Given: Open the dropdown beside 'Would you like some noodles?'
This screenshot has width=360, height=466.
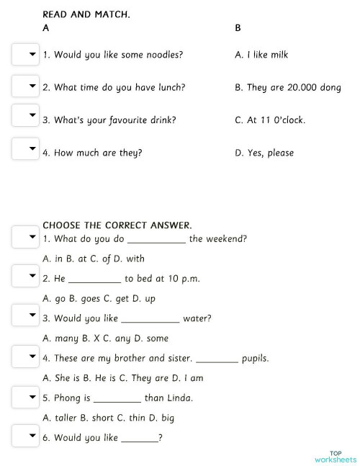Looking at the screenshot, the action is coord(25,55).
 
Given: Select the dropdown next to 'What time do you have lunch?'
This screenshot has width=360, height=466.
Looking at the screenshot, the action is coord(25,87).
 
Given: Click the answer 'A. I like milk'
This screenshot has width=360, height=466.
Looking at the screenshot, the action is coord(261,55).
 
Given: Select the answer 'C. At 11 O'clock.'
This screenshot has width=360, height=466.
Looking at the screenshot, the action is coord(270,120).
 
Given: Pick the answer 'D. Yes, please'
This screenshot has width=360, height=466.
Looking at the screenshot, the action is coord(264,153).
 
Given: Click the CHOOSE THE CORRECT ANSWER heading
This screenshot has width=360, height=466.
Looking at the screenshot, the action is coord(117,225).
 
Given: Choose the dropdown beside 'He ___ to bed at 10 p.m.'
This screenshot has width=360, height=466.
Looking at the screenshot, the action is coord(25,277).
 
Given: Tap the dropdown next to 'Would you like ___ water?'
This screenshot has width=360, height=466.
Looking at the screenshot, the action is coord(25,316).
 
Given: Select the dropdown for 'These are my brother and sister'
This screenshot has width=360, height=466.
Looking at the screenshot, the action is coord(25,357).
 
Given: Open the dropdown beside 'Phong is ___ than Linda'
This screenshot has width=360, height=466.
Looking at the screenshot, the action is coord(25,396).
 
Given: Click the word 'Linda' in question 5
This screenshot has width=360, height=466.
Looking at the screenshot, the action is coord(179,398).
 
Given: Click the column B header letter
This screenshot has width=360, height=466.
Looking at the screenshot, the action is coord(238,29).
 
